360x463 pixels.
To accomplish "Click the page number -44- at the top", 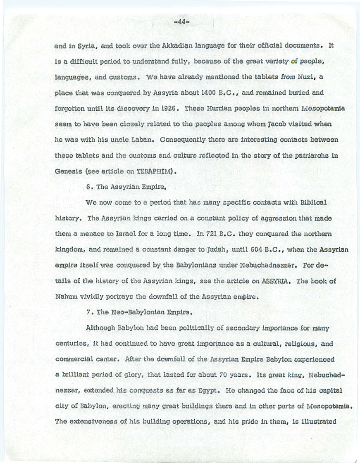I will [x=181, y=23].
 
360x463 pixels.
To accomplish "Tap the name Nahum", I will [x=65, y=297].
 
